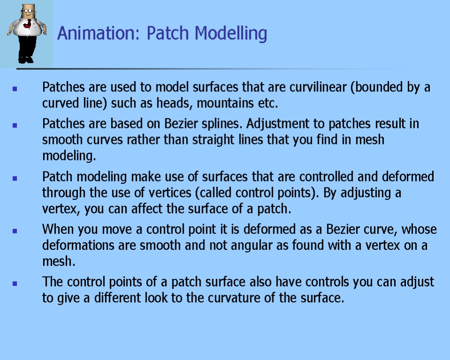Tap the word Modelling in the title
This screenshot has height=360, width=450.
coord(231,34)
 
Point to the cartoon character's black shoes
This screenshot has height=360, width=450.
coord(26,60)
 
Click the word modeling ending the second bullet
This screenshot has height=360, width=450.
coord(69,156)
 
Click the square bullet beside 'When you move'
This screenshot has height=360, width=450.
coord(15,231)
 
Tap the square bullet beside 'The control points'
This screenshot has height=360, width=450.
coord(15,283)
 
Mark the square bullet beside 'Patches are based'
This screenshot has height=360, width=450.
coord(15,125)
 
